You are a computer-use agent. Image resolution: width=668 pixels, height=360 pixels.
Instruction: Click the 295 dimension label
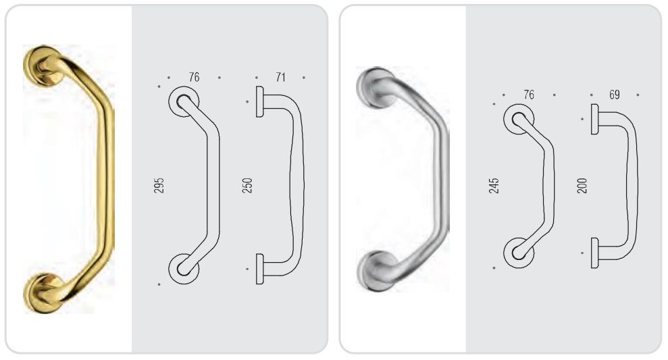(159, 185)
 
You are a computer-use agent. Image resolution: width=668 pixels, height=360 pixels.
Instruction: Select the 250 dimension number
(247, 185)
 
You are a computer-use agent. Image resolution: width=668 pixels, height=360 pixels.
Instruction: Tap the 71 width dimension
(280, 77)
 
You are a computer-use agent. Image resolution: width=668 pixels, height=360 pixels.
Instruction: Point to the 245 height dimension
(494, 186)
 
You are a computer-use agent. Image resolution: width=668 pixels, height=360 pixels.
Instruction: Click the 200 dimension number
(582, 186)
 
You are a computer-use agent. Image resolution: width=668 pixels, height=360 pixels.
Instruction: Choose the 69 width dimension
(615, 95)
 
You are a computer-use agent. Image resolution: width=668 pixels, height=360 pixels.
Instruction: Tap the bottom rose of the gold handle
(43, 294)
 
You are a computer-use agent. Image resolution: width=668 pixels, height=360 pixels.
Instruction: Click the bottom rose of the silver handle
(375, 272)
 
